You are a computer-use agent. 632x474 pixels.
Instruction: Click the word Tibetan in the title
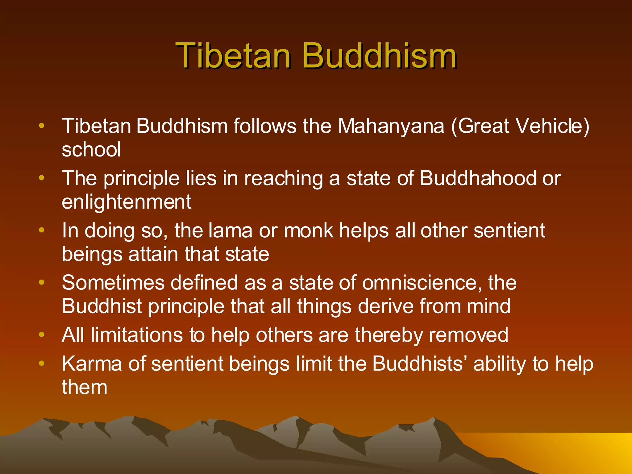[x=233, y=56]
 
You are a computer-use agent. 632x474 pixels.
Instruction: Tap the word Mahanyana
[x=391, y=126]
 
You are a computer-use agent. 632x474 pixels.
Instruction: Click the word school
[x=91, y=150]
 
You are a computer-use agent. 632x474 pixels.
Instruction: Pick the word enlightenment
[x=127, y=202]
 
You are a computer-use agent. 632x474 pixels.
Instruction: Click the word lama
[x=230, y=231]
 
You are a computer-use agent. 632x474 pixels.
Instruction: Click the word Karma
[x=92, y=364]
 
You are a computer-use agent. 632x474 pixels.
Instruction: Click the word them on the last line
[x=85, y=387]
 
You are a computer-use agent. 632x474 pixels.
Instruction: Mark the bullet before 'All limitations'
[x=42, y=335]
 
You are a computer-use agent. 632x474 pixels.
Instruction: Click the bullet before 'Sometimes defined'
[x=42, y=282]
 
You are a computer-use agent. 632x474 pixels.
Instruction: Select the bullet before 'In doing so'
[x=42, y=230]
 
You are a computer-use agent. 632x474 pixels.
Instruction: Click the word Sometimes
[x=113, y=283]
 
